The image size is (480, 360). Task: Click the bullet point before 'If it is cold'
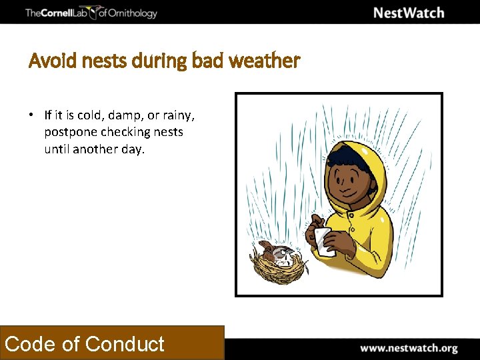31,115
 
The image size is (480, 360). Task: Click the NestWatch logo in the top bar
408,13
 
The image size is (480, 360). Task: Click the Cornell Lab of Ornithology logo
91,13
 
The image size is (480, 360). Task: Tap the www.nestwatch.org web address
409,348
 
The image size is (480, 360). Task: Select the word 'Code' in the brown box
30,344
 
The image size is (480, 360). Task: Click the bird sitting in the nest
275,253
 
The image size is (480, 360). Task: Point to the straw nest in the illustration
280,267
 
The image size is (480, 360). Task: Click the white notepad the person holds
323,241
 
